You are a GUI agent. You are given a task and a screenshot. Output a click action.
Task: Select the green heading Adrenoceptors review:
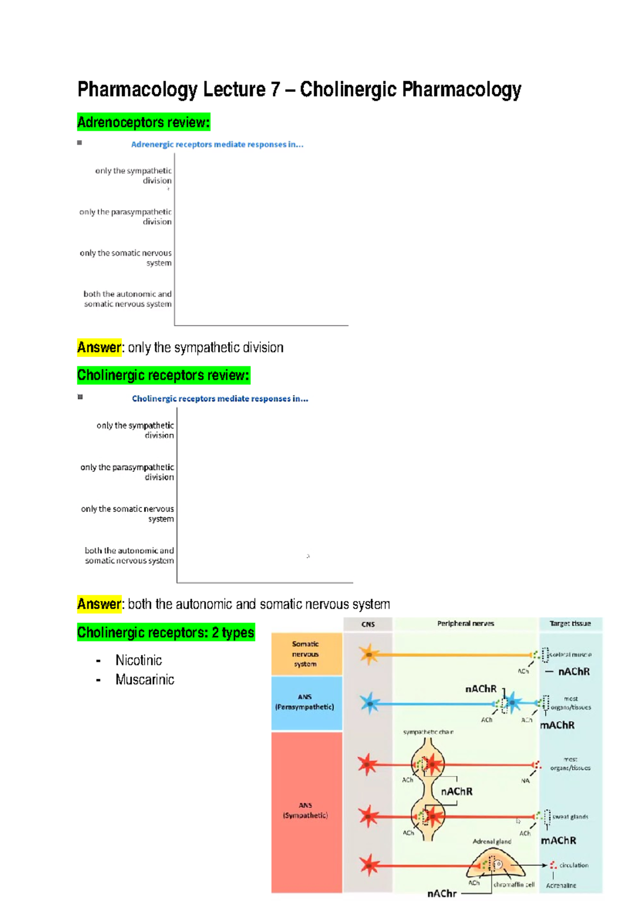point(143,123)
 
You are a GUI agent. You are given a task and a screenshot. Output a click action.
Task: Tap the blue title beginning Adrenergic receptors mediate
point(217,144)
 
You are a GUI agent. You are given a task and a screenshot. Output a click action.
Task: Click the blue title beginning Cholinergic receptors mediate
point(220,398)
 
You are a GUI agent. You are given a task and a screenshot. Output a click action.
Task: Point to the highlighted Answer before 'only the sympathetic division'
point(99,348)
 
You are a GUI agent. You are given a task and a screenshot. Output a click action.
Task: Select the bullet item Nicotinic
point(139,660)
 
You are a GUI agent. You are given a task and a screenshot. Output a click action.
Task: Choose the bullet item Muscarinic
point(144,680)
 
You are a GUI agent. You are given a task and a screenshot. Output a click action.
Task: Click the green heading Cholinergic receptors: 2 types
point(166,633)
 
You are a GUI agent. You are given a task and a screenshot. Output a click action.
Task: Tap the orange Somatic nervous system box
point(306,654)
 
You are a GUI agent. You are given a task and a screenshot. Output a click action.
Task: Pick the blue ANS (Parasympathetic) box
point(305,703)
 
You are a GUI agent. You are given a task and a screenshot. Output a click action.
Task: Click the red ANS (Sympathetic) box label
point(305,810)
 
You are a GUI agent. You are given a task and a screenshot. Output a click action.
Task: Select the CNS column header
point(368,624)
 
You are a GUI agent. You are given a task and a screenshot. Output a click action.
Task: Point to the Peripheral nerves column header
point(466,623)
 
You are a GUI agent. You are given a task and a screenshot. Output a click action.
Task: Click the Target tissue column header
point(570,623)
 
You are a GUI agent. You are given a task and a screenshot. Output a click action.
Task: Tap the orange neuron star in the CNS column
point(368,654)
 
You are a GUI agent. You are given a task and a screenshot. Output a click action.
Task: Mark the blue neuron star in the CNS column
point(369,704)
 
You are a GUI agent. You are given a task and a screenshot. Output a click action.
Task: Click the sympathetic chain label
point(428,732)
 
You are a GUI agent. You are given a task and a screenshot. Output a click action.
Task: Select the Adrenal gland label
point(492,841)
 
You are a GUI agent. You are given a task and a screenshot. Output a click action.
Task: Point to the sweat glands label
point(570,817)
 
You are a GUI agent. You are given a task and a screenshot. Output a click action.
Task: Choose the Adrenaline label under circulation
point(561,886)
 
